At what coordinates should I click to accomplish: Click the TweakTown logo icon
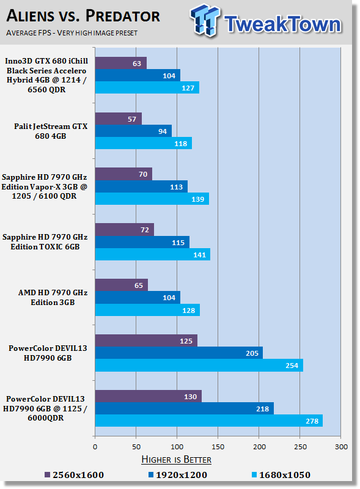[x=205, y=20]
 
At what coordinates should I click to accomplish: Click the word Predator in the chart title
[x=123, y=16]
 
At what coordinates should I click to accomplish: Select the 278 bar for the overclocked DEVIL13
[x=208, y=421]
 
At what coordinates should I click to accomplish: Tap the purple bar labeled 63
[x=121, y=63]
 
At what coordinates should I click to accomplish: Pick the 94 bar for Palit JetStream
[x=133, y=131]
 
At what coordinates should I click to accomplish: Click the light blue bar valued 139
[x=152, y=199]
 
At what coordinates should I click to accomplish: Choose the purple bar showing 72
[x=125, y=230]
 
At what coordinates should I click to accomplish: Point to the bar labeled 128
[x=147, y=310]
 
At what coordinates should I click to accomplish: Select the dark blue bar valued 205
[x=178, y=353]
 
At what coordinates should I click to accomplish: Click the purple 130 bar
[x=148, y=396]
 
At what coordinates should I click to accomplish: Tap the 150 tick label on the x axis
[x=218, y=447]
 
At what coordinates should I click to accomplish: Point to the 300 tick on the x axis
[x=341, y=447]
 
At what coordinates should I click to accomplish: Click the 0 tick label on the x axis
[x=95, y=447]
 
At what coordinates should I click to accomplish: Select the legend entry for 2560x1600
[x=74, y=475]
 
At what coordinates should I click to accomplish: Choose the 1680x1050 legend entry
[x=281, y=475]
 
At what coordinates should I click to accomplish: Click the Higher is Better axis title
[x=176, y=460]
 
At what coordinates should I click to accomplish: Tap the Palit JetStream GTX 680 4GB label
[x=51, y=131]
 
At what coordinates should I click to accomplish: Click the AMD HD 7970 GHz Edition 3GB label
[x=53, y=297]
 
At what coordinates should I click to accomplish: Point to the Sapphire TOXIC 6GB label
[x=45, y=241]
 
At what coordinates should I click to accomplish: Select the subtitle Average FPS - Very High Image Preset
[x=72, y=33]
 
